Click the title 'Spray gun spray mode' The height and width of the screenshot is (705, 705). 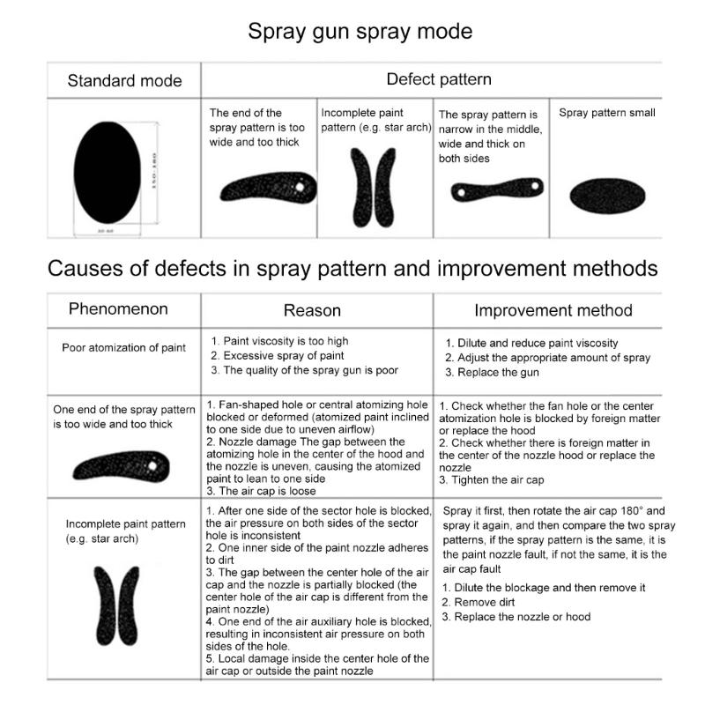pos(360,32)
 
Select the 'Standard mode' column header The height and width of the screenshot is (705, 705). pos(124,81)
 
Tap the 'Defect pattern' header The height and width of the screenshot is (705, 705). pos(439,79)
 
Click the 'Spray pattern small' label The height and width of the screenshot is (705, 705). pos(607,114)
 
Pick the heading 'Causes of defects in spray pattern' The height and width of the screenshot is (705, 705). pos(352,268)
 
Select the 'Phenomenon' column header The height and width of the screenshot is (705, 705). pos(118,309)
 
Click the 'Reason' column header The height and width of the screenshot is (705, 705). pos(312,310)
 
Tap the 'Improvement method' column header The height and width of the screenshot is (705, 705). pos(553,310)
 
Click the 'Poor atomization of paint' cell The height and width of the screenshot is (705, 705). pos(124,347)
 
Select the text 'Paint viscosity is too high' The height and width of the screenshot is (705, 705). pos(281,341)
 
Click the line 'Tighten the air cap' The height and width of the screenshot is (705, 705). pos(493,480)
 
